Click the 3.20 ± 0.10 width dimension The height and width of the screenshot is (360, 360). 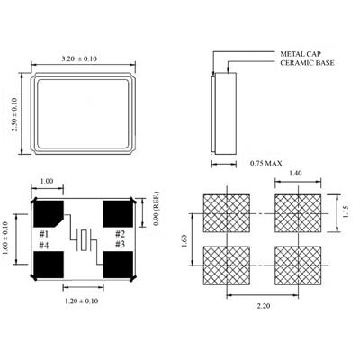point(79,58)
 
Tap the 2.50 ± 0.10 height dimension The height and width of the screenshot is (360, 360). point(14,114)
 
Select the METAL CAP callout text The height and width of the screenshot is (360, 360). point(301,54)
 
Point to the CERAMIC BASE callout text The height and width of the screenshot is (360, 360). point(307,63)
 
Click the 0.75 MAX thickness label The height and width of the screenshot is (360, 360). point(266,164)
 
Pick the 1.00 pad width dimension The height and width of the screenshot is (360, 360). point(47,181)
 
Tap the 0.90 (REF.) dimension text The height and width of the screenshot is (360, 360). point(157,209)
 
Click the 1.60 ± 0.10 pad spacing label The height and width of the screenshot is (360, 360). point(6,238)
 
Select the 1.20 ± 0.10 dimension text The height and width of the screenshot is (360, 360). point(82,301)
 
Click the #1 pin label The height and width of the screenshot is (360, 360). point(44,234)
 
